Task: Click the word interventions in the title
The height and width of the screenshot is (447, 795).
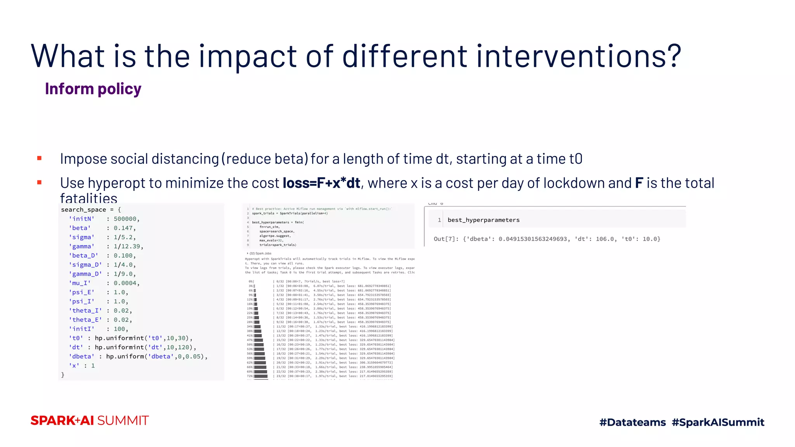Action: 578,56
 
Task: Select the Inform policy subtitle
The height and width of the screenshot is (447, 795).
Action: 93,89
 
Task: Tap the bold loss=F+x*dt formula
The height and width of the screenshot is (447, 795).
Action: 321,183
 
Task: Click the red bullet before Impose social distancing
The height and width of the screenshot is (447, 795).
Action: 39,158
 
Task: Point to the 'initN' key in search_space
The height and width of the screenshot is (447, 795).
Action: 82,219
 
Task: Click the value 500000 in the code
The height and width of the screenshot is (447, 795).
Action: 125,219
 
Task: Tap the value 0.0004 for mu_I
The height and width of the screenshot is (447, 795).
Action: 125,283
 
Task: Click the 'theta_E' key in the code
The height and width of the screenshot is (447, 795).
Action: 85,320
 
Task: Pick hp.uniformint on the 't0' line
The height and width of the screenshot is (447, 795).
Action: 119,338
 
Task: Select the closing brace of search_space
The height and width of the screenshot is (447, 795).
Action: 63,375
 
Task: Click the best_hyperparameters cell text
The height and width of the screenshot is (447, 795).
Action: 483,220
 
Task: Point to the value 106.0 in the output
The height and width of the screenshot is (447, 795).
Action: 605,239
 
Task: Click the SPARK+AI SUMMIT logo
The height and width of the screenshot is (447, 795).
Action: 90,421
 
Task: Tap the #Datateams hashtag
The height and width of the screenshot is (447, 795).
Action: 632,422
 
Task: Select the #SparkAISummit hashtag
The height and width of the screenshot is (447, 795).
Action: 718,422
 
